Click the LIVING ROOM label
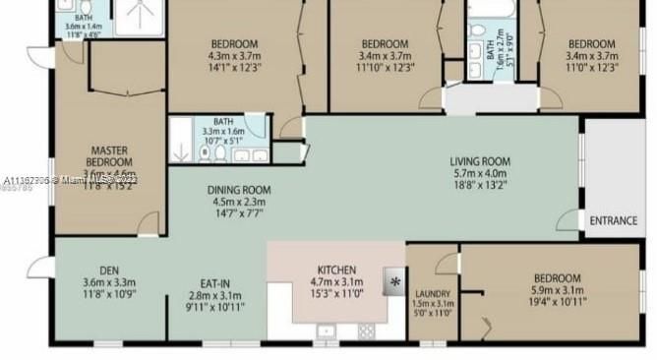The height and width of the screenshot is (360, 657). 481,161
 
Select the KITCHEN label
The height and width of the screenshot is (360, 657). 336,270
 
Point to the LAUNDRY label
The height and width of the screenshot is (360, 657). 433,294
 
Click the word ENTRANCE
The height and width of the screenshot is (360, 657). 614,220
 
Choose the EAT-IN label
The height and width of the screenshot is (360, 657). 214,283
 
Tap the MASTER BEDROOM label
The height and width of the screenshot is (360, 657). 109,155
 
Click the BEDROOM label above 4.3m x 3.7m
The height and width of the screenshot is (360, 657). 234,43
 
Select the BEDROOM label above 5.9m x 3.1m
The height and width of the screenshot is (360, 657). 557,278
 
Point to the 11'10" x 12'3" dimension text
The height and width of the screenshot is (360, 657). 385,68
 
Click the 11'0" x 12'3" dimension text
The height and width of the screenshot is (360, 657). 591,68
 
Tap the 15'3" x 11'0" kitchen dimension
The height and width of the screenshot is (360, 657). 336,294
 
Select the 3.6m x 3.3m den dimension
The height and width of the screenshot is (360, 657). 109,282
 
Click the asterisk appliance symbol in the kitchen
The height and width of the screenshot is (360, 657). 395,281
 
